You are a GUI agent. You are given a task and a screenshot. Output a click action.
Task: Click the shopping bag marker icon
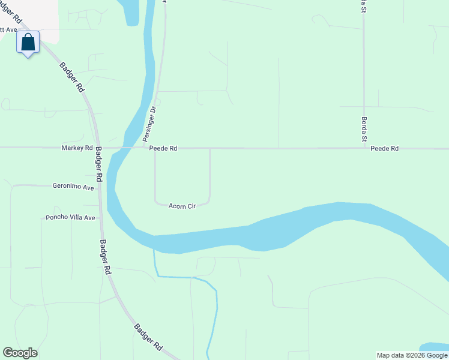28,43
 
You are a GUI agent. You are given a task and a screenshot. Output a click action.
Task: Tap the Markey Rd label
77,148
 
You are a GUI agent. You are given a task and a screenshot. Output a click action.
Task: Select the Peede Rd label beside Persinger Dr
163,148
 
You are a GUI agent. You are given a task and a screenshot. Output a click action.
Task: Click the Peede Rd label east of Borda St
384,148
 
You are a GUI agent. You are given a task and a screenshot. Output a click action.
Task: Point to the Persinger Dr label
149,125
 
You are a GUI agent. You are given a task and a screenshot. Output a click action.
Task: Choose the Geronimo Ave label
73,187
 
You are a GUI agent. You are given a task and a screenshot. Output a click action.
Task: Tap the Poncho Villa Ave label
71,218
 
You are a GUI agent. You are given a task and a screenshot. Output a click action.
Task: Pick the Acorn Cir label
182,206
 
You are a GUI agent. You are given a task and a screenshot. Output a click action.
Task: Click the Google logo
20,353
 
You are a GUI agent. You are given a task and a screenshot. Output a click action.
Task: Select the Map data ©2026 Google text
412,355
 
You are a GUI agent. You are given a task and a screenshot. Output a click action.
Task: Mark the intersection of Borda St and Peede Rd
364,148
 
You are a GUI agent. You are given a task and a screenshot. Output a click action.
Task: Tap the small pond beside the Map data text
435,347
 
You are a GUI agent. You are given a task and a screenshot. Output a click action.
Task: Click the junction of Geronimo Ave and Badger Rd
99,185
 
